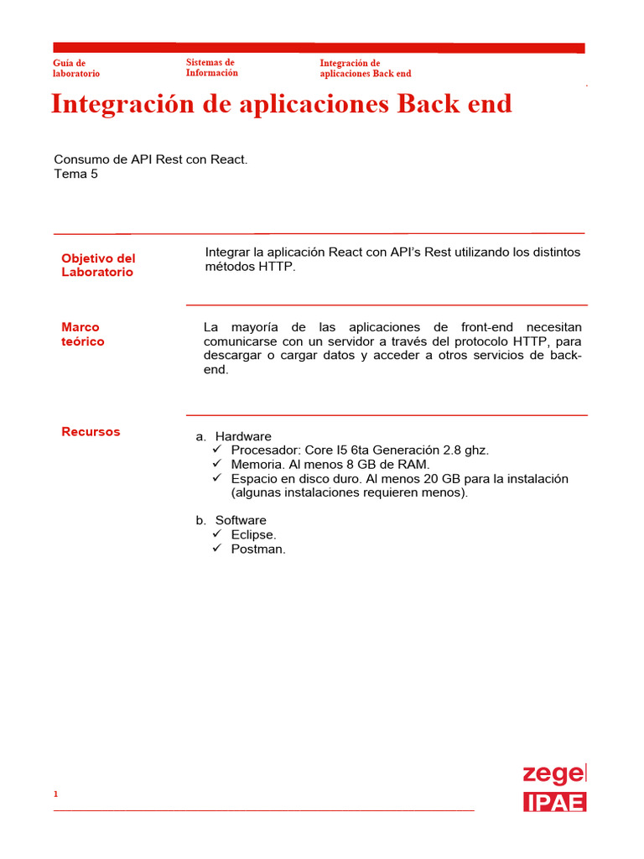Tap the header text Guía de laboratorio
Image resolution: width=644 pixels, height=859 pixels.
click(x=75, y=68)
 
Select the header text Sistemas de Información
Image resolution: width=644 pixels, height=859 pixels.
click(x=211, y=67)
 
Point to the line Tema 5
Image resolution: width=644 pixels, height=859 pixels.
click(x=75, y=174)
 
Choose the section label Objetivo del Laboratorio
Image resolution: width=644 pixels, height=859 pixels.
click(x=98, y=265)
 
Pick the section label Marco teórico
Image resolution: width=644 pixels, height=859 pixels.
click(x=82, y=335)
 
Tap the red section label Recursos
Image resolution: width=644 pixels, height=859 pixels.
click(x=91, y=432)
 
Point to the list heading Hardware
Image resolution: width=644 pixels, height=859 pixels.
click(x=243, y=436)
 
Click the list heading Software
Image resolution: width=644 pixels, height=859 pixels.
click(x=241, y=520)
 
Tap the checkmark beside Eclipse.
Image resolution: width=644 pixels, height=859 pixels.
click(x=216, y=534)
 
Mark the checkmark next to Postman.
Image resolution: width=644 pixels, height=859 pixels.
click(x=216, y=548)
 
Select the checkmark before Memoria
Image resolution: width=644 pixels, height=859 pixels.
click(x=216, y=464)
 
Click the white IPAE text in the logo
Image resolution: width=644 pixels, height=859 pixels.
click(x=554, y=802)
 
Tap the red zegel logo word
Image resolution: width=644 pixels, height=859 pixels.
click(x=554, y=773)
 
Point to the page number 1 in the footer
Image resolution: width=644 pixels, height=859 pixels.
click(x=55, y=794)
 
